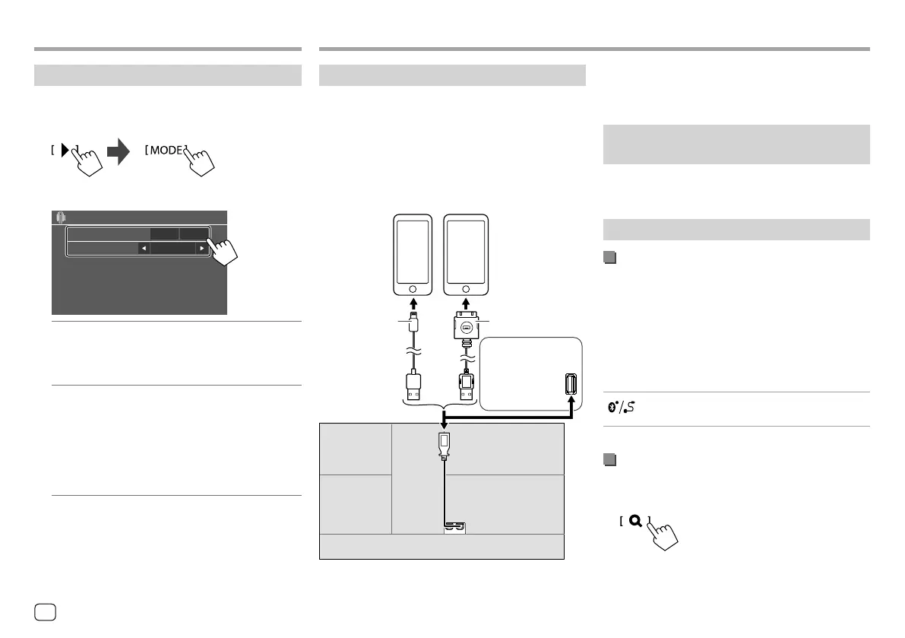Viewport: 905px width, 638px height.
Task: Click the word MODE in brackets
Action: pyautogui.click(x=166, y=150)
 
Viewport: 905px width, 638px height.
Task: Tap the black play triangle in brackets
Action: pyautogui.click(x=65, y=150)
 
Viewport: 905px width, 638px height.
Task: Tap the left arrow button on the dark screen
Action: pyautogui.click(x=142, y=248)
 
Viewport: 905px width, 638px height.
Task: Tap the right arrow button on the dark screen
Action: pyautogui.click(x=201, y=248)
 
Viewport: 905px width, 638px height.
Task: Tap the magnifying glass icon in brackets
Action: pyautogui.click(x=635, y=522)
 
